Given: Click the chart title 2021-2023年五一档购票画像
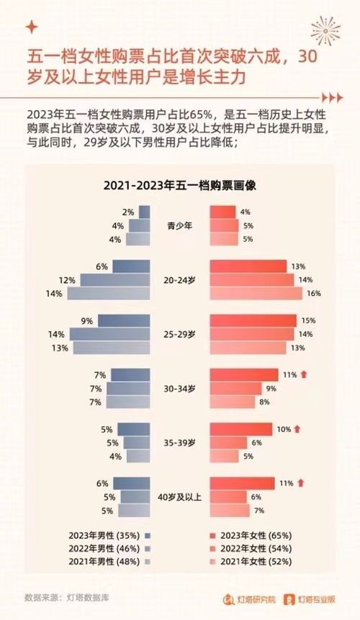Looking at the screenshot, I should coord(180,185).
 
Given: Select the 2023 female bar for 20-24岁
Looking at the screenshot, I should coord(248,266).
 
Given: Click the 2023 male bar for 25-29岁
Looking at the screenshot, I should coord(124,320).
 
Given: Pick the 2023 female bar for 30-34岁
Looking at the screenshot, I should coord(243,374).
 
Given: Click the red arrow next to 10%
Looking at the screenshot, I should coord(297,429).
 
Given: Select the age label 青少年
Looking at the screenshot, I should coord(179,225).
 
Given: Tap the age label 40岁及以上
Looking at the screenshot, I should coord(179,497).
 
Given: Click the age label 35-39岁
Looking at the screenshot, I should coord(179,443).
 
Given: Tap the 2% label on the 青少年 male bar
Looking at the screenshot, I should coord(128,212).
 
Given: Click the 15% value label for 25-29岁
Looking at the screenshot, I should coord(309,320).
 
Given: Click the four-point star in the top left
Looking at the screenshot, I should coord(30,27).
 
